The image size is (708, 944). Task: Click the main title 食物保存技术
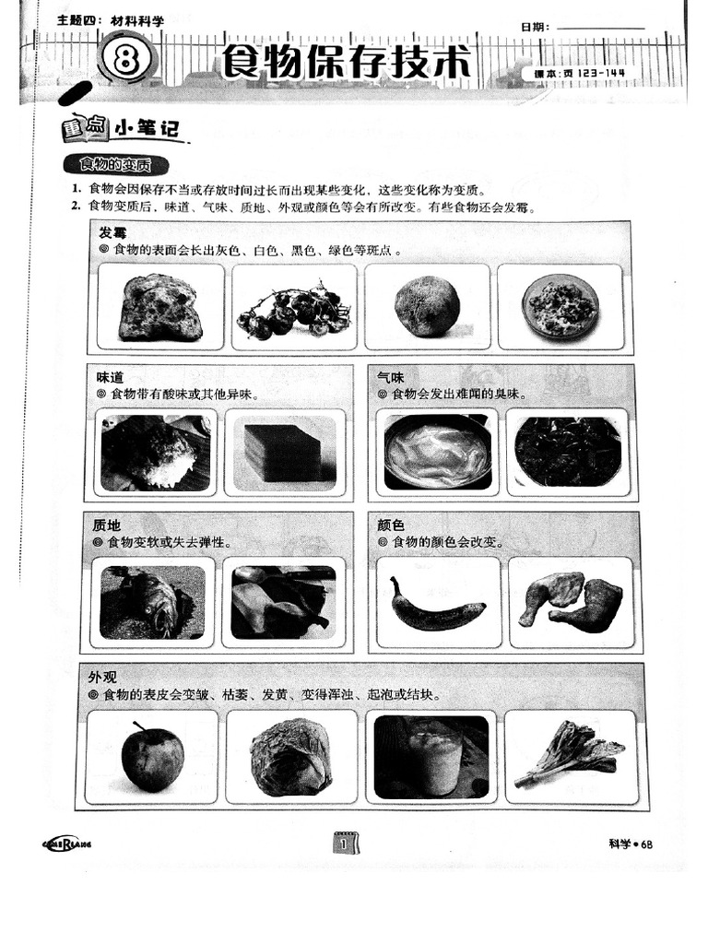(346, 63)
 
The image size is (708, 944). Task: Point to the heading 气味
(390, 377)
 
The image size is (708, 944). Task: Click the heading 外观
(102, 677)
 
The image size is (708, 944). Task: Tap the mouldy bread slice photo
(160, 307)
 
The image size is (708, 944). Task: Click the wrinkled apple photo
(152, 756)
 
